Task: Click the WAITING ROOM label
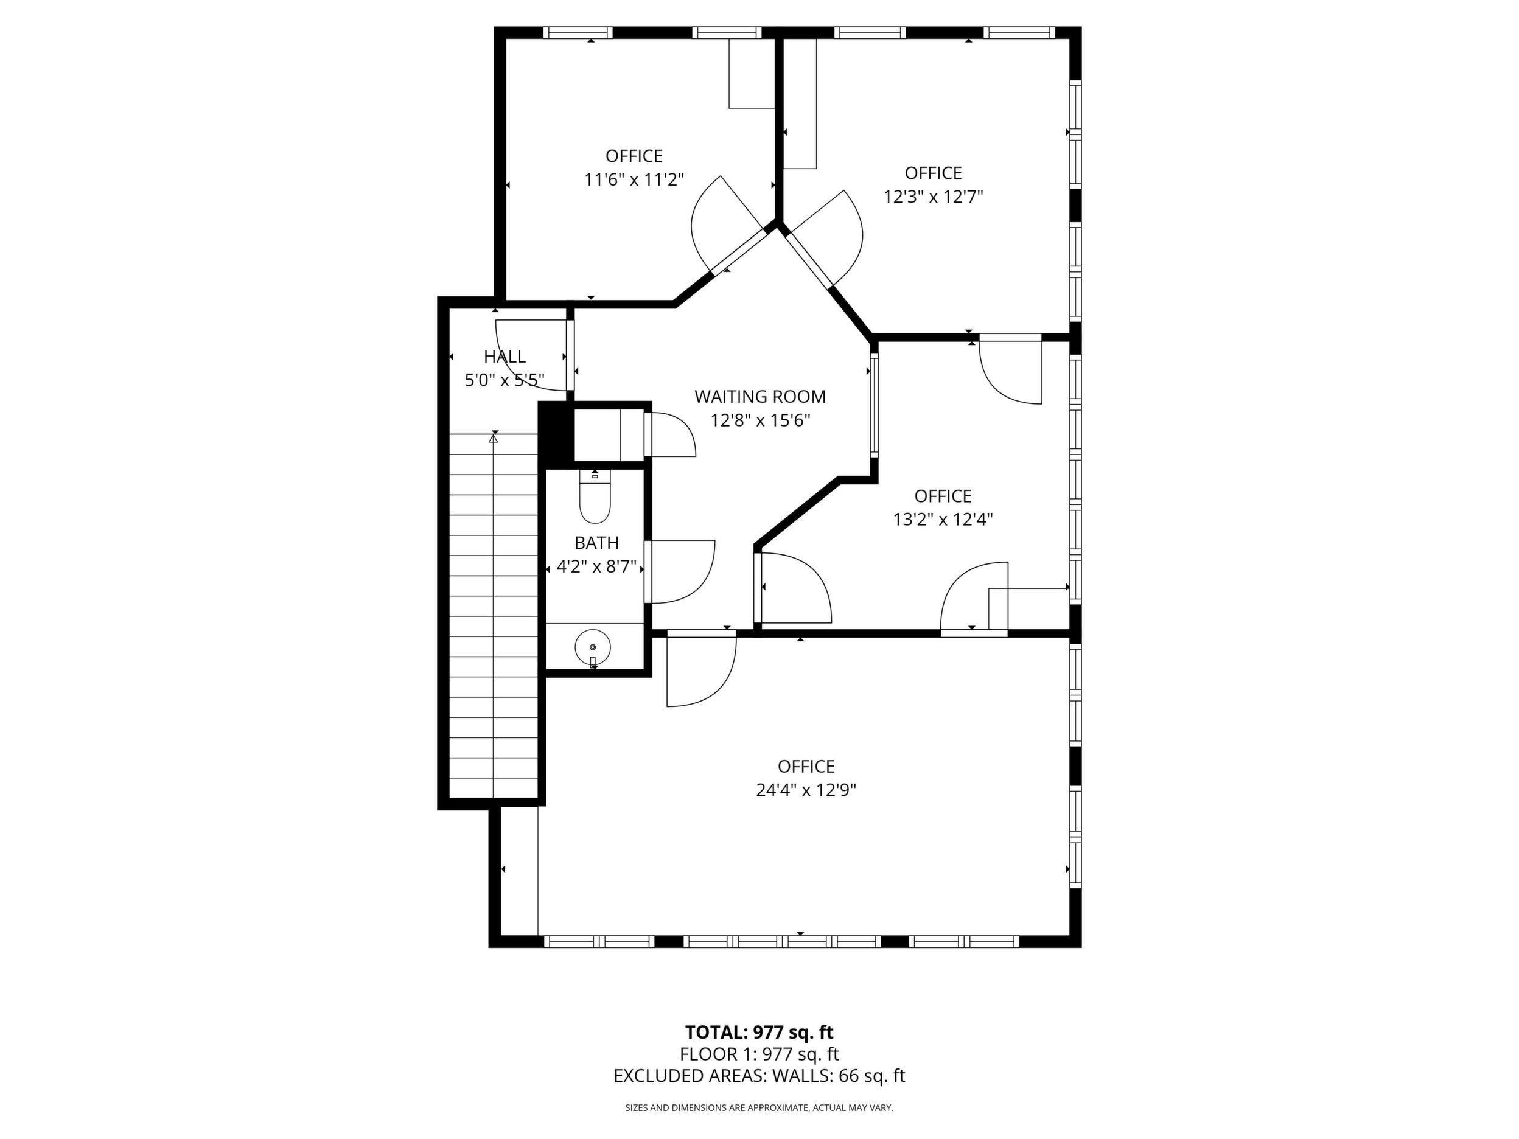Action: click(759, 397)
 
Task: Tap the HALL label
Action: click(505, 357)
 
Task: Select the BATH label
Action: click(597, 543)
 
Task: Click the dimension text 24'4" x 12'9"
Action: click(806, 790)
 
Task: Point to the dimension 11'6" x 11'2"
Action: click(635, 180)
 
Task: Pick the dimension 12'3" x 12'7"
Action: click(933, 197)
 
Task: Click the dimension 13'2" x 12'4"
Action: click(943, 520)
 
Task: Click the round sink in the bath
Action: click(592, 647)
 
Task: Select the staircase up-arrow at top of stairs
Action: click(493, 438)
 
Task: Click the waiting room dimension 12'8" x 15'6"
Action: click(760, 421)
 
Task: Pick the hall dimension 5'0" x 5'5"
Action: click(505, 380)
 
